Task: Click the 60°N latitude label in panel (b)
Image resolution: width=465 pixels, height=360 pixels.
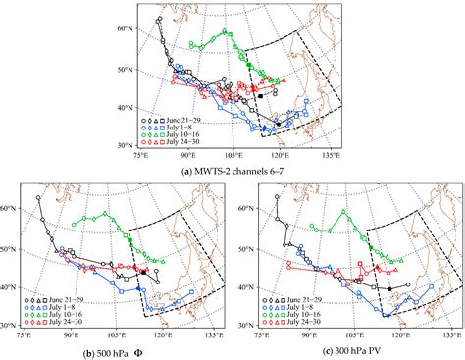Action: tap(9, 209)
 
